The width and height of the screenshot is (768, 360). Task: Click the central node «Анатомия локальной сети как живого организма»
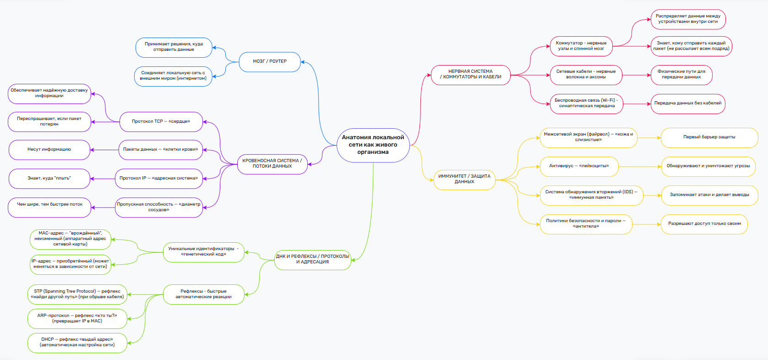click(x=373, y=145)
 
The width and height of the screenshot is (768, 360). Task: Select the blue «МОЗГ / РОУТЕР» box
click(x=270, y=61)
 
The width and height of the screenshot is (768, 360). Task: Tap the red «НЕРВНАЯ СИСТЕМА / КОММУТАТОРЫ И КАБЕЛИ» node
click(x=470, y=75)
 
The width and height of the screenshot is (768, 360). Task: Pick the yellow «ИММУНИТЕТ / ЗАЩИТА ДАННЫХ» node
click(x=464, y=179)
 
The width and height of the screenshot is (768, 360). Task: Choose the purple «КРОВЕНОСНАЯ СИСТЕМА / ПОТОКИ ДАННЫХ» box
click(x=272, y=164)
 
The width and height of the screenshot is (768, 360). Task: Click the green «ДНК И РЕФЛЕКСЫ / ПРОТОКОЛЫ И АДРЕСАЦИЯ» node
click(x=312, y=259)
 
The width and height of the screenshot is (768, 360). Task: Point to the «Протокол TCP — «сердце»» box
click(x=161, y=121)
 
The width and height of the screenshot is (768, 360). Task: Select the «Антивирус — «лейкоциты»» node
click(x=579, y=166)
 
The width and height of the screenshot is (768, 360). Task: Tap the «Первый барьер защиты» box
click(x=709, y=137)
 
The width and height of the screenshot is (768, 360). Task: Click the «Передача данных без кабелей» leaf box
click(x=687, y=104)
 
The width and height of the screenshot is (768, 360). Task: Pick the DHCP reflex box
click(x=77, y=343)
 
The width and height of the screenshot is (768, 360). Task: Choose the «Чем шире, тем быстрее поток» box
click(x=49, y=205)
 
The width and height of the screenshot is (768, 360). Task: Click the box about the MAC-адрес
click(x=70, y=239)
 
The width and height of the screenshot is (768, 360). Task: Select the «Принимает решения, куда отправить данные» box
click(x=174, y=47)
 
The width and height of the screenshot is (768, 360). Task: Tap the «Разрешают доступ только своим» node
click(x=704, y=224)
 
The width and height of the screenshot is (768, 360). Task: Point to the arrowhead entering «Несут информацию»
click(x=93, y=150)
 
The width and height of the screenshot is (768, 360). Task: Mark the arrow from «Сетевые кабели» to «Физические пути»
click(x=636, y=75)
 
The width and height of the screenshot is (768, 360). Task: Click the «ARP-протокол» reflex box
click(x=77, y=318)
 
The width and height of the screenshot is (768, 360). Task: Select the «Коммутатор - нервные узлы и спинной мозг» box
click(x=581, y=46)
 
